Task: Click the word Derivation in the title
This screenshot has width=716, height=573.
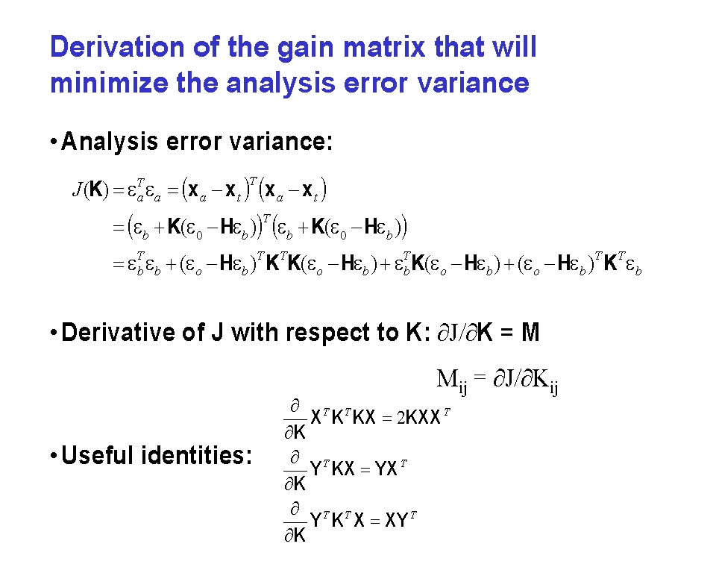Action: pyautogui.click(x=117, y=46)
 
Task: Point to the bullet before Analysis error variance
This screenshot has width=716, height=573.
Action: pyautogui.click(x=54, y=142)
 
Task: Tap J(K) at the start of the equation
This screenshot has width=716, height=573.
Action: pyautogui.click(x=91, y=190)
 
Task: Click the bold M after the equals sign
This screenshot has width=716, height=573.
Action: pyautogui.click(x=530, y=332)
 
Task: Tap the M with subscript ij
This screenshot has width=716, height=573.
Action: pyautogui.click(x=452, y=381)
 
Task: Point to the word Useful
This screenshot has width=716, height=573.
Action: pyautogui.click(x=98, y=455)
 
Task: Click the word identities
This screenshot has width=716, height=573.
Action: pyautogui.click(x=197, y=455)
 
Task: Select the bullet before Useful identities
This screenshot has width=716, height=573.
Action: pyautogui.click(x=54, y=456)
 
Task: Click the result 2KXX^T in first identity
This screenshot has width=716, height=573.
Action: pyautogui.click(x=424, y=416)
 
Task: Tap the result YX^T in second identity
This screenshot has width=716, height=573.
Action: pyautogui.click(x=390, y=468)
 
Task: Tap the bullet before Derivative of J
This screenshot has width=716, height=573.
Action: pyautogui.click(x=54, y=333)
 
